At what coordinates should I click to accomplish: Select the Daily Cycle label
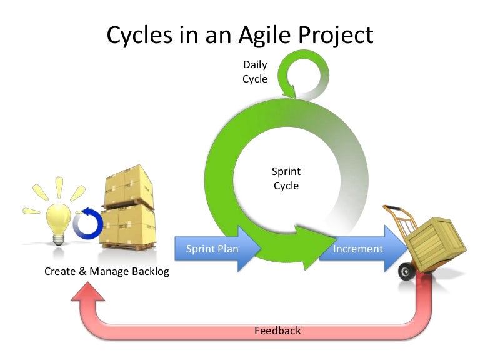(255, 71)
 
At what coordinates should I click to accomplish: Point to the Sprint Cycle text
(286, 178)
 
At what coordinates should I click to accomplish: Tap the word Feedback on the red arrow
(277, 330)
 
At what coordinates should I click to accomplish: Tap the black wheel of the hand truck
(407, 271)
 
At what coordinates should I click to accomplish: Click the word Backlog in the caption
(148, 272)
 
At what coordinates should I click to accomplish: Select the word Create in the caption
(61, 272)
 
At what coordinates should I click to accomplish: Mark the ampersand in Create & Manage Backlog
(82, 272)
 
